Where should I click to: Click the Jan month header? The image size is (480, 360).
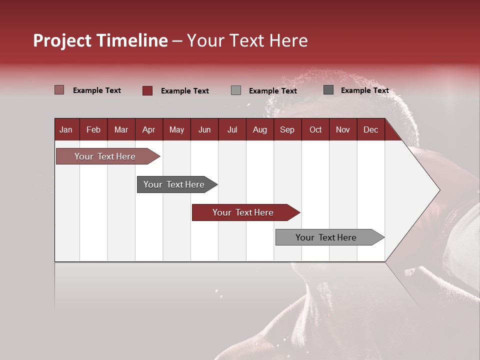[66, 129]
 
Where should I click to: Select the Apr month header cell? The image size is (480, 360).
[148, 129]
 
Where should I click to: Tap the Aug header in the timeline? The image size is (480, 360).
[259, 129]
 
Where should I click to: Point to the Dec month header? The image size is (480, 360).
[370, 129]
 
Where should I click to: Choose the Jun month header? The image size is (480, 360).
[204, 129]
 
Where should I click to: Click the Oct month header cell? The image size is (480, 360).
[315, 129]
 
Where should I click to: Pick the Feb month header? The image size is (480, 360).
[93, 129]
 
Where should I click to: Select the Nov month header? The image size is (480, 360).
[342, 129]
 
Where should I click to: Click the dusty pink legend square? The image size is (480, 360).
[59, 90]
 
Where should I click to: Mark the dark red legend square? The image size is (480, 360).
[147, 90]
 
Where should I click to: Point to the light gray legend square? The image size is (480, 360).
[236, 90]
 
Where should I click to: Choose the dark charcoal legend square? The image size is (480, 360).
[328, 90]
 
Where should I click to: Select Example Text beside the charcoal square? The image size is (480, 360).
[364, 90]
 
